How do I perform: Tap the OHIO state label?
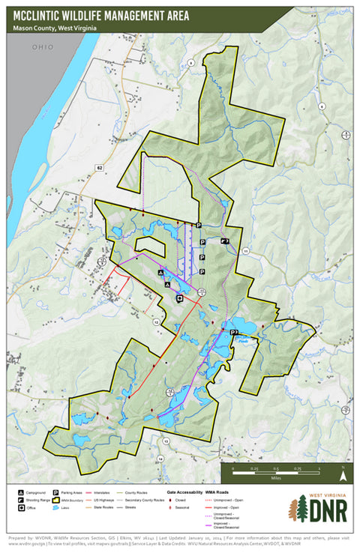pyautogui.click(x=43, y=46)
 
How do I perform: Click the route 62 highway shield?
pyautogui.click(x=98, y=168)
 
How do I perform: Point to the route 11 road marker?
pyautogui.click(x=246, y=251)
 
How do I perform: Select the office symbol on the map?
pyautogui.click(x=179, y=298)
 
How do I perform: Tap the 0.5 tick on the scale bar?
pyautogui.click(x=275, y=468)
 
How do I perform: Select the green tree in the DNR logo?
pyautogui.click(x=301, y=509)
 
